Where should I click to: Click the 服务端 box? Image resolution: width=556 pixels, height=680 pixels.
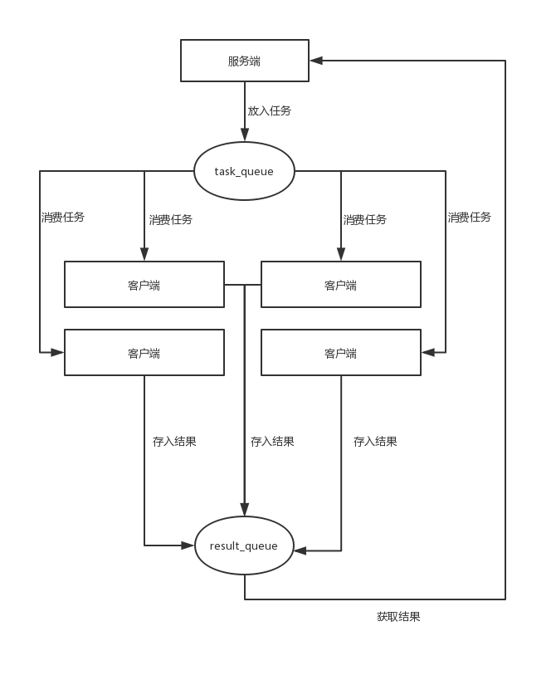pyautogui.click(x=245, y=61)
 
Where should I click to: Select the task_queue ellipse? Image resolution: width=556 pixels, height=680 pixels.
pyautogui.click(x=244, y=171)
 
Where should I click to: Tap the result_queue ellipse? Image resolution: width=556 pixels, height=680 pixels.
pyautogui.click(x=245, y=545)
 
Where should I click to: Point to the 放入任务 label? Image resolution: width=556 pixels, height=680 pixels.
pyautogui.click(x=269, y=110)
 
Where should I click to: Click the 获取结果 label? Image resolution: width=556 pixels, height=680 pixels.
pyautogui.click(x=398, y=617)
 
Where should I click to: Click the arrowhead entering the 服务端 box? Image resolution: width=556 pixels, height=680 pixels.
pyautogui.click(x=316, y=61)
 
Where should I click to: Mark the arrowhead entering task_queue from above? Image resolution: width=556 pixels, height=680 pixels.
pyautogui.click(x=245, y=135)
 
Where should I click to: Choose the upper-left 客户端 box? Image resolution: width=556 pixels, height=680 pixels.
pyautogui.click(x=144, y=285)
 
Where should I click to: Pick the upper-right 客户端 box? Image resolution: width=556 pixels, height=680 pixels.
pyautogui.click(x=341, y=285)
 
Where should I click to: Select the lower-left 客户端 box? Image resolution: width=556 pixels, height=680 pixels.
pyautogui.click(x=144, y=353)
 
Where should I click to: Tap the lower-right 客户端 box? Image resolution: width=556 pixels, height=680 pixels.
pyautogui.click(x=341, y=353)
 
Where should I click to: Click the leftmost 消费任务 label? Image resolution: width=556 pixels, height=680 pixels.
pyautogui.click(x=63, y=218)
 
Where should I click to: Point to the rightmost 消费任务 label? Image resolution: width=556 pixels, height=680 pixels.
pyautogui.click(x=470, y=218)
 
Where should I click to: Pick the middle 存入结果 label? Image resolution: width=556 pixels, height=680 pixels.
pyautogui.click(x=272, y=442)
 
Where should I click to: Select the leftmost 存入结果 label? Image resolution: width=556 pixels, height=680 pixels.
pyautogui.click(x=174, y=442)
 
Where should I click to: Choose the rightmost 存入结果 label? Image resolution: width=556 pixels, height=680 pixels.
pyautogui.click(x=375, y=442)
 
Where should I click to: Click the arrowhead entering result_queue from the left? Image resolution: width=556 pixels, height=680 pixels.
pyautogui.click(x=188, y=545)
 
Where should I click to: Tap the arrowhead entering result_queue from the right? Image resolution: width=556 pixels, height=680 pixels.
pyautogui.click(x=300, y=550)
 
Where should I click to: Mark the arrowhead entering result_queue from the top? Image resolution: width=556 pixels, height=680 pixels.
pyautogui.click(x=245, y=509)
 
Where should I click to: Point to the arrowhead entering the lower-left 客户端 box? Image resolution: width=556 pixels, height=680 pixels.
pyautogui.click(x=57, y=352)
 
